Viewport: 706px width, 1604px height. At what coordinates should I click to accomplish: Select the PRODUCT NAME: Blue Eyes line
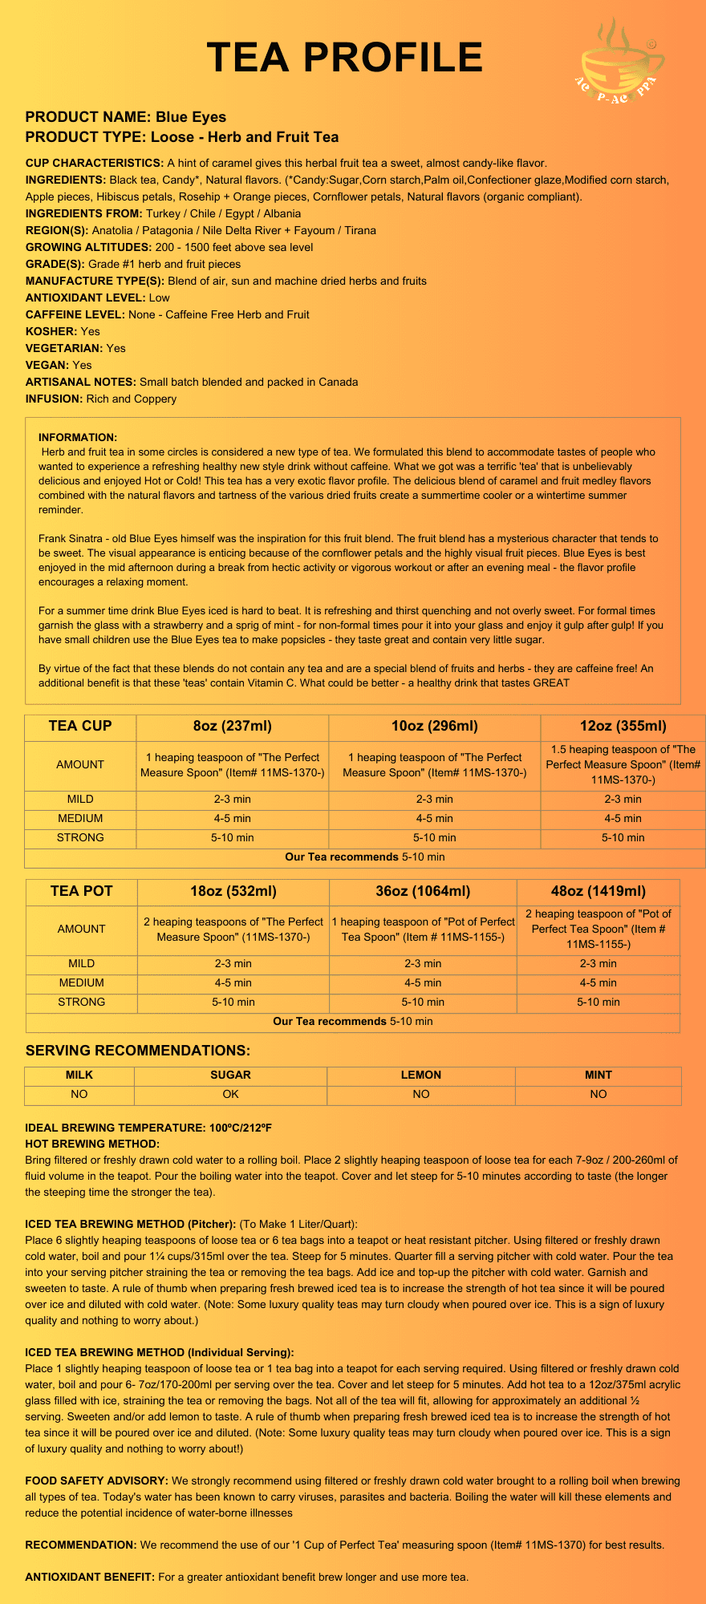126,117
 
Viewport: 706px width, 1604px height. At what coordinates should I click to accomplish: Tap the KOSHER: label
51,331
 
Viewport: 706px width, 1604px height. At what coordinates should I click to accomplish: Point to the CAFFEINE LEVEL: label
75,314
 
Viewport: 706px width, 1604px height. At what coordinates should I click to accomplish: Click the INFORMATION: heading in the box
78,437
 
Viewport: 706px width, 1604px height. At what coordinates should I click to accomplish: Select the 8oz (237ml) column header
233,727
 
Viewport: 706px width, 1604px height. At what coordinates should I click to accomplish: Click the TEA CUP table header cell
80,727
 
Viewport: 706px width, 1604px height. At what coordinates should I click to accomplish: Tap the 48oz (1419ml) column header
598,891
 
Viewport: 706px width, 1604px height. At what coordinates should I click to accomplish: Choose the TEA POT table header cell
82,891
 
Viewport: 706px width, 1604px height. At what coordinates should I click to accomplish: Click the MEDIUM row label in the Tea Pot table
82,982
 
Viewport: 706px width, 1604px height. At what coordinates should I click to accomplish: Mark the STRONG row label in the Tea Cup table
80,837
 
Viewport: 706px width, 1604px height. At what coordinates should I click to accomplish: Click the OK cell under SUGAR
230,1094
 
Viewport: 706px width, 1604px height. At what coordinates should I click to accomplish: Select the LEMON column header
421,1075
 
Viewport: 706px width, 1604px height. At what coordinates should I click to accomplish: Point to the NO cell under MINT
598,1094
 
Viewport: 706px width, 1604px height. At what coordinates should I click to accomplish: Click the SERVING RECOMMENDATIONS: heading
138,1051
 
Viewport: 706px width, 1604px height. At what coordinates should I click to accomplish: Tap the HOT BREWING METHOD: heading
92,1144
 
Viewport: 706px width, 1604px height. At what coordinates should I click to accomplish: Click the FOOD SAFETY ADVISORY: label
96,1480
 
